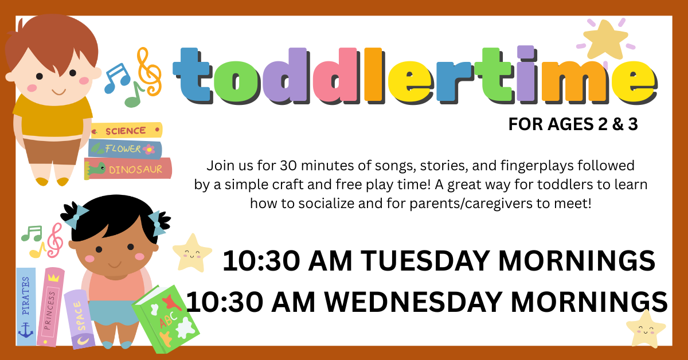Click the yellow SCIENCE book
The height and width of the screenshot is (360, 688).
click(x=126, y=131)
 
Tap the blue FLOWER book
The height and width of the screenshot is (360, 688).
click(x=124, y=149)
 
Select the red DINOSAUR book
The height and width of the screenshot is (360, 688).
click(x=130, y=169)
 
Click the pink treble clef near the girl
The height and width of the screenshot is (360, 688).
click(x=54, y=240)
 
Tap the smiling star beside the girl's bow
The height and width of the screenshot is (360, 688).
click(x=192, y=252)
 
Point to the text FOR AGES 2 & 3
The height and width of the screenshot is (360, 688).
click(x=573, y=125)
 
